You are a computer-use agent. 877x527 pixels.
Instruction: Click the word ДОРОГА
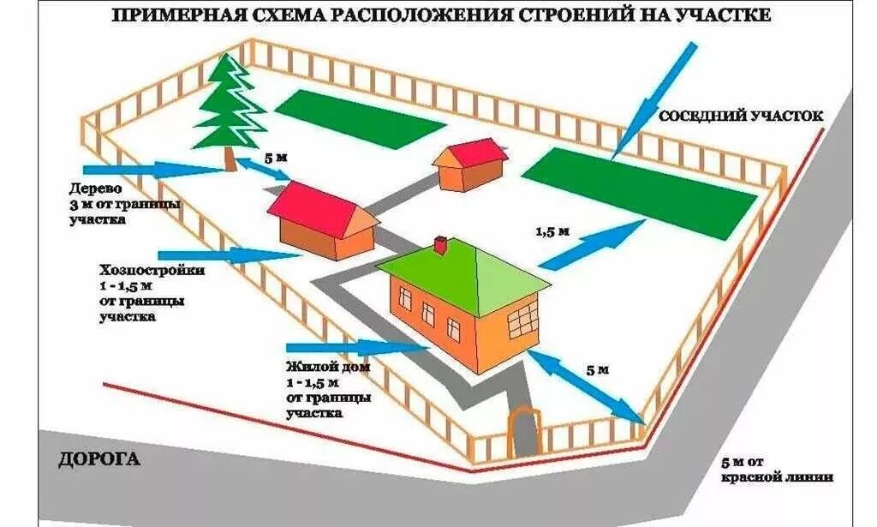98,460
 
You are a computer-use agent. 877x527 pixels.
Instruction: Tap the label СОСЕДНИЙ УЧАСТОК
741,115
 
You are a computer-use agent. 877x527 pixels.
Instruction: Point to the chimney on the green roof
440,246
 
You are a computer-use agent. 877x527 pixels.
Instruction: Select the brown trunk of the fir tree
230,156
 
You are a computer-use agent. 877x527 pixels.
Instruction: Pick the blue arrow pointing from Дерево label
154,169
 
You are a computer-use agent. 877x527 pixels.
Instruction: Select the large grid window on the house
522,321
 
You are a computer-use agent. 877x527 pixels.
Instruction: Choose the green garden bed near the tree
360,117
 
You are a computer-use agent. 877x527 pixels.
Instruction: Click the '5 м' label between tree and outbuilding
275,159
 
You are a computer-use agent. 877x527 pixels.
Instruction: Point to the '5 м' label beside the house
597,370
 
